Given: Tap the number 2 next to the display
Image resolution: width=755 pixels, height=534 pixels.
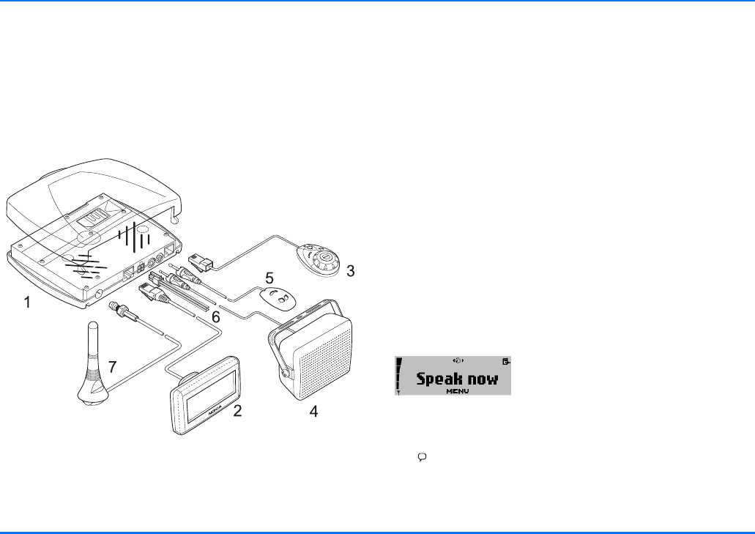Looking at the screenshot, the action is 237,411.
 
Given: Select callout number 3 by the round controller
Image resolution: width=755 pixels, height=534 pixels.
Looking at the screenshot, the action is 350,271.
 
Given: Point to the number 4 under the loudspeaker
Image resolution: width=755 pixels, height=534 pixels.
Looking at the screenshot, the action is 313,412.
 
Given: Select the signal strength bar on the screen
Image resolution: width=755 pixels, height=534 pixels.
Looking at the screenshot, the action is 400,375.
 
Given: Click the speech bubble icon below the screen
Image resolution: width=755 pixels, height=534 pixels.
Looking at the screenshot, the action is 422,456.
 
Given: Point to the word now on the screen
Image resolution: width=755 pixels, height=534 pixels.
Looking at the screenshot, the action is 483,379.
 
